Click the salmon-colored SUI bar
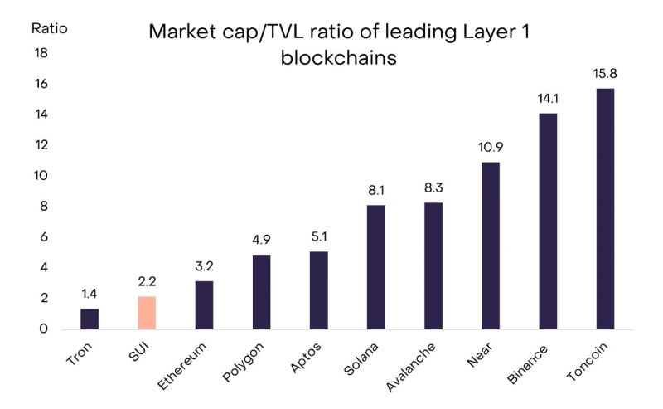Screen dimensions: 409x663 point(147,313)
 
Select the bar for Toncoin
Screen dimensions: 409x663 point(606,209)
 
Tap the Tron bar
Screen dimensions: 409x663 point(90,319)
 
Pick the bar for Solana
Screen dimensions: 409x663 point(376,267)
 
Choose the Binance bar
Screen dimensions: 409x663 point(549,222)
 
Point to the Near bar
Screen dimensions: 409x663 point(491,246)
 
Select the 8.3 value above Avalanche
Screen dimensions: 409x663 point(433,188)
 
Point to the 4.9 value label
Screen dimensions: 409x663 point(261,240)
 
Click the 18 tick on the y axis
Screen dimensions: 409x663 point(41,53)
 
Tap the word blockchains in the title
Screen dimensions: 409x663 point(339,60)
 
